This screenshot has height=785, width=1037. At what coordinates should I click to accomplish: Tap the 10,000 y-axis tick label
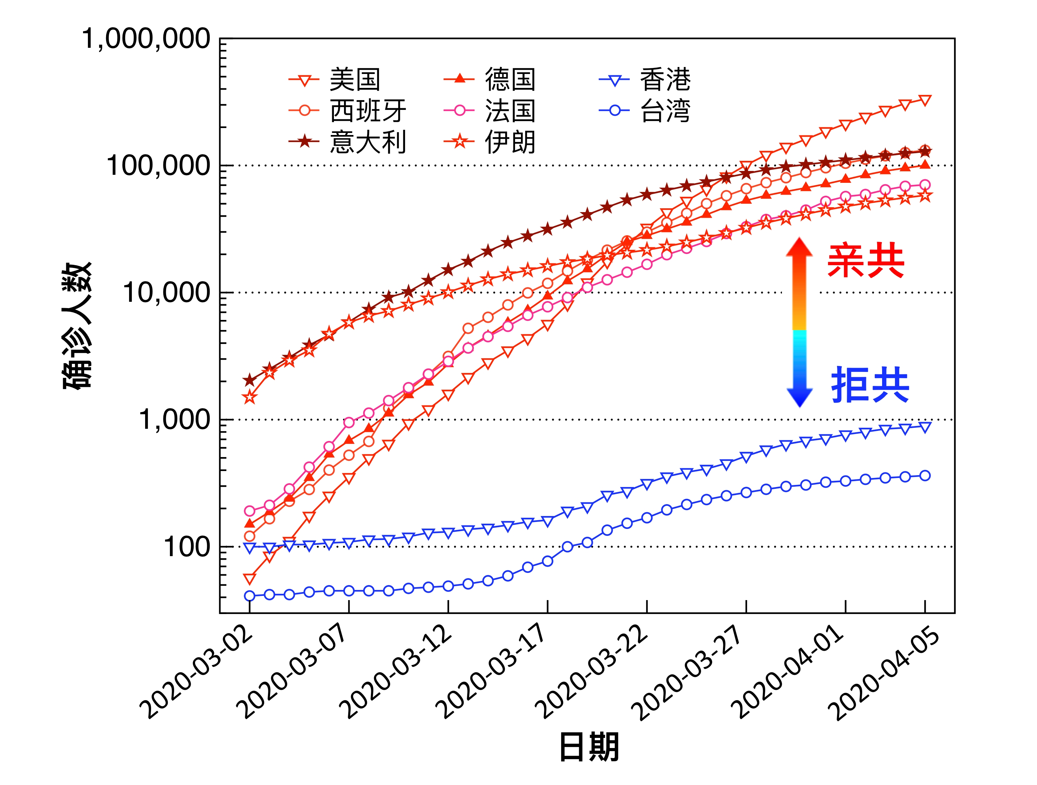[x=166, y=293]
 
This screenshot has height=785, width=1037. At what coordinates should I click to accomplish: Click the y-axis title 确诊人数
[x=77, y=326]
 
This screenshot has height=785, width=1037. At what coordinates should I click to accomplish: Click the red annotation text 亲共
[x=865, y=261]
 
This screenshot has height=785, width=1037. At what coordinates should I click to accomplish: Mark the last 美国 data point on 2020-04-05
[x=925, y=100]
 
